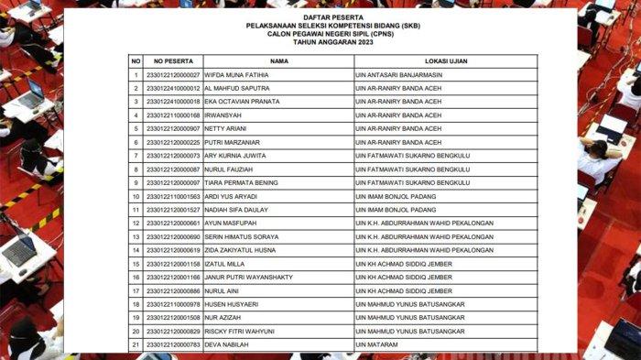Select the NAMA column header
(x=278, y=61)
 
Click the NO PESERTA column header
(x=173, y=61)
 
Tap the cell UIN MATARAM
(x=377, y=344)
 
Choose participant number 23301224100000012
(x=173, y=88)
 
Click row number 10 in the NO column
(x=136, y=196)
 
